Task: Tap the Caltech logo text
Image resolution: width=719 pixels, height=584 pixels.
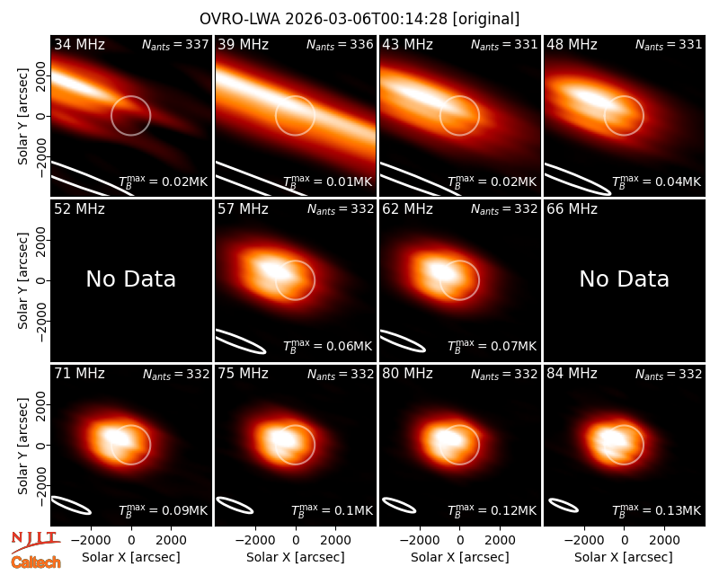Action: [36, 562]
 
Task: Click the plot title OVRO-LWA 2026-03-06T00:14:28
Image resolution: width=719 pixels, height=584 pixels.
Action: [324, 19]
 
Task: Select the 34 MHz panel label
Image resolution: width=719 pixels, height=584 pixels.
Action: [79, 44]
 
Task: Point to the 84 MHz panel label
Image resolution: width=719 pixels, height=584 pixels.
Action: [572, 374]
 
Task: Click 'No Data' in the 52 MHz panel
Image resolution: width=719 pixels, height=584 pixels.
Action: [130, 279]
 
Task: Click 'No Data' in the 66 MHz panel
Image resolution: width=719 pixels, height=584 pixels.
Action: [624, 279]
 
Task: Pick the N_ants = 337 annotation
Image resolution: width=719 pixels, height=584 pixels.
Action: [175, 44]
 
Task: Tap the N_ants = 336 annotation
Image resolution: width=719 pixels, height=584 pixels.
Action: [340, 44]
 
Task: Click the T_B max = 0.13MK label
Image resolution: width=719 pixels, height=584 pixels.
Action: [657, 509]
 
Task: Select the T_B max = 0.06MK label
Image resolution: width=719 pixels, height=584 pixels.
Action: [327, 346]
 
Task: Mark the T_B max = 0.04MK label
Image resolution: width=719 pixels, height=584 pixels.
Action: [657, 181]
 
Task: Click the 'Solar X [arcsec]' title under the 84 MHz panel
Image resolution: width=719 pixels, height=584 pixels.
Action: [624, 557]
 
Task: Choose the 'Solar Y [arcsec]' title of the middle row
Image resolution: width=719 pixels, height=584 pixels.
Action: [22, 280]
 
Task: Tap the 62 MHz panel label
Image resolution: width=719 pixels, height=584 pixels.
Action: [408, 209]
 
